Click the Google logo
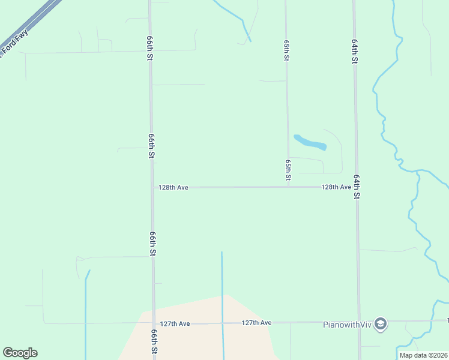20,353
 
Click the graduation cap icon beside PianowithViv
381,325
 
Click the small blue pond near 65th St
310,143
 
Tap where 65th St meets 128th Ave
289,187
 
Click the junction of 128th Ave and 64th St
357,187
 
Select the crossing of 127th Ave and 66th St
154,323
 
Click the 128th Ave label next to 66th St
173,188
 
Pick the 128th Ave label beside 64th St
336,187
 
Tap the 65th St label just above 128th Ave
289,170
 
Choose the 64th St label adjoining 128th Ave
357,187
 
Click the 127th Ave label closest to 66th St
175,323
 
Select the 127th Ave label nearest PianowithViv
256,323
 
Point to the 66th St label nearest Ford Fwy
149,47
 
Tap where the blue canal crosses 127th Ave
223,323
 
